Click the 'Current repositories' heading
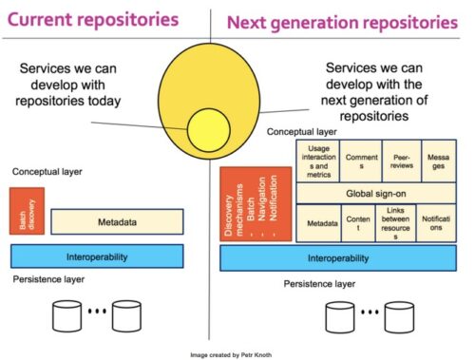click(x=93, y=20)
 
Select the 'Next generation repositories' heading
click(x=342, y=23)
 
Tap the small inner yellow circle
click(x=209, y=130)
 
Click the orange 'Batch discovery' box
click(x=27, y=211)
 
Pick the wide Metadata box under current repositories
click(x=117, y=221)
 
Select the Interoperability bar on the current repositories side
click(x=97, y=256)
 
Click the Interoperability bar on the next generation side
click(x=338, y=258)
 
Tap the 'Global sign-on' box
click(x=376, y=193)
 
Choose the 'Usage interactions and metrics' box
click(x=318, y=161)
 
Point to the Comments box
click(x=361, y=161)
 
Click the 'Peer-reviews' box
click(x=402, y=161)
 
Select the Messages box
click(x=439, y=161)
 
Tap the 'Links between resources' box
click(x=396, y=223)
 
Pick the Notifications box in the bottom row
click(x=436, y=223)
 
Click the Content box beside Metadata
click(x=358, y=223)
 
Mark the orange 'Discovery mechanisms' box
click(x=256, y=204)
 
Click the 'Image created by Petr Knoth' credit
click(x=231, y=355)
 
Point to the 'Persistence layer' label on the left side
click(x=48, y=279)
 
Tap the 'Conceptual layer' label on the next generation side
click(x=301, y=132)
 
